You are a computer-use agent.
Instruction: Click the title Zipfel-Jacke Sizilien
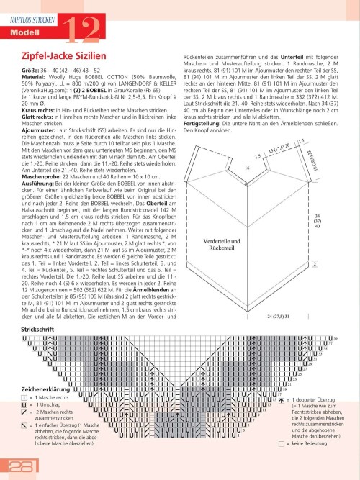pyautogui.click(x=60, y=56)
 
